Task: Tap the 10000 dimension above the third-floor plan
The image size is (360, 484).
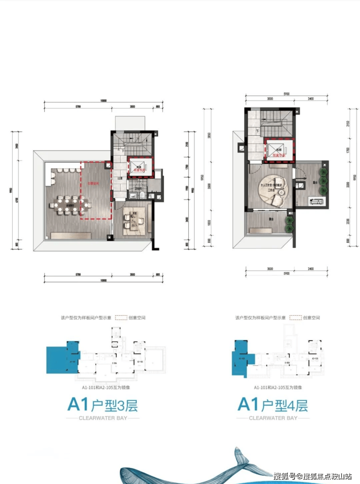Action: tap(103, 101)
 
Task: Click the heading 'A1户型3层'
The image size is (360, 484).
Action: tap(102, 404)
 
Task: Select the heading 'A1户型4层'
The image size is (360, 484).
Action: tap(272, 404)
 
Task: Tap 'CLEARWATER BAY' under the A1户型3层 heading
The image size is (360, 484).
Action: tap(102, 418)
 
